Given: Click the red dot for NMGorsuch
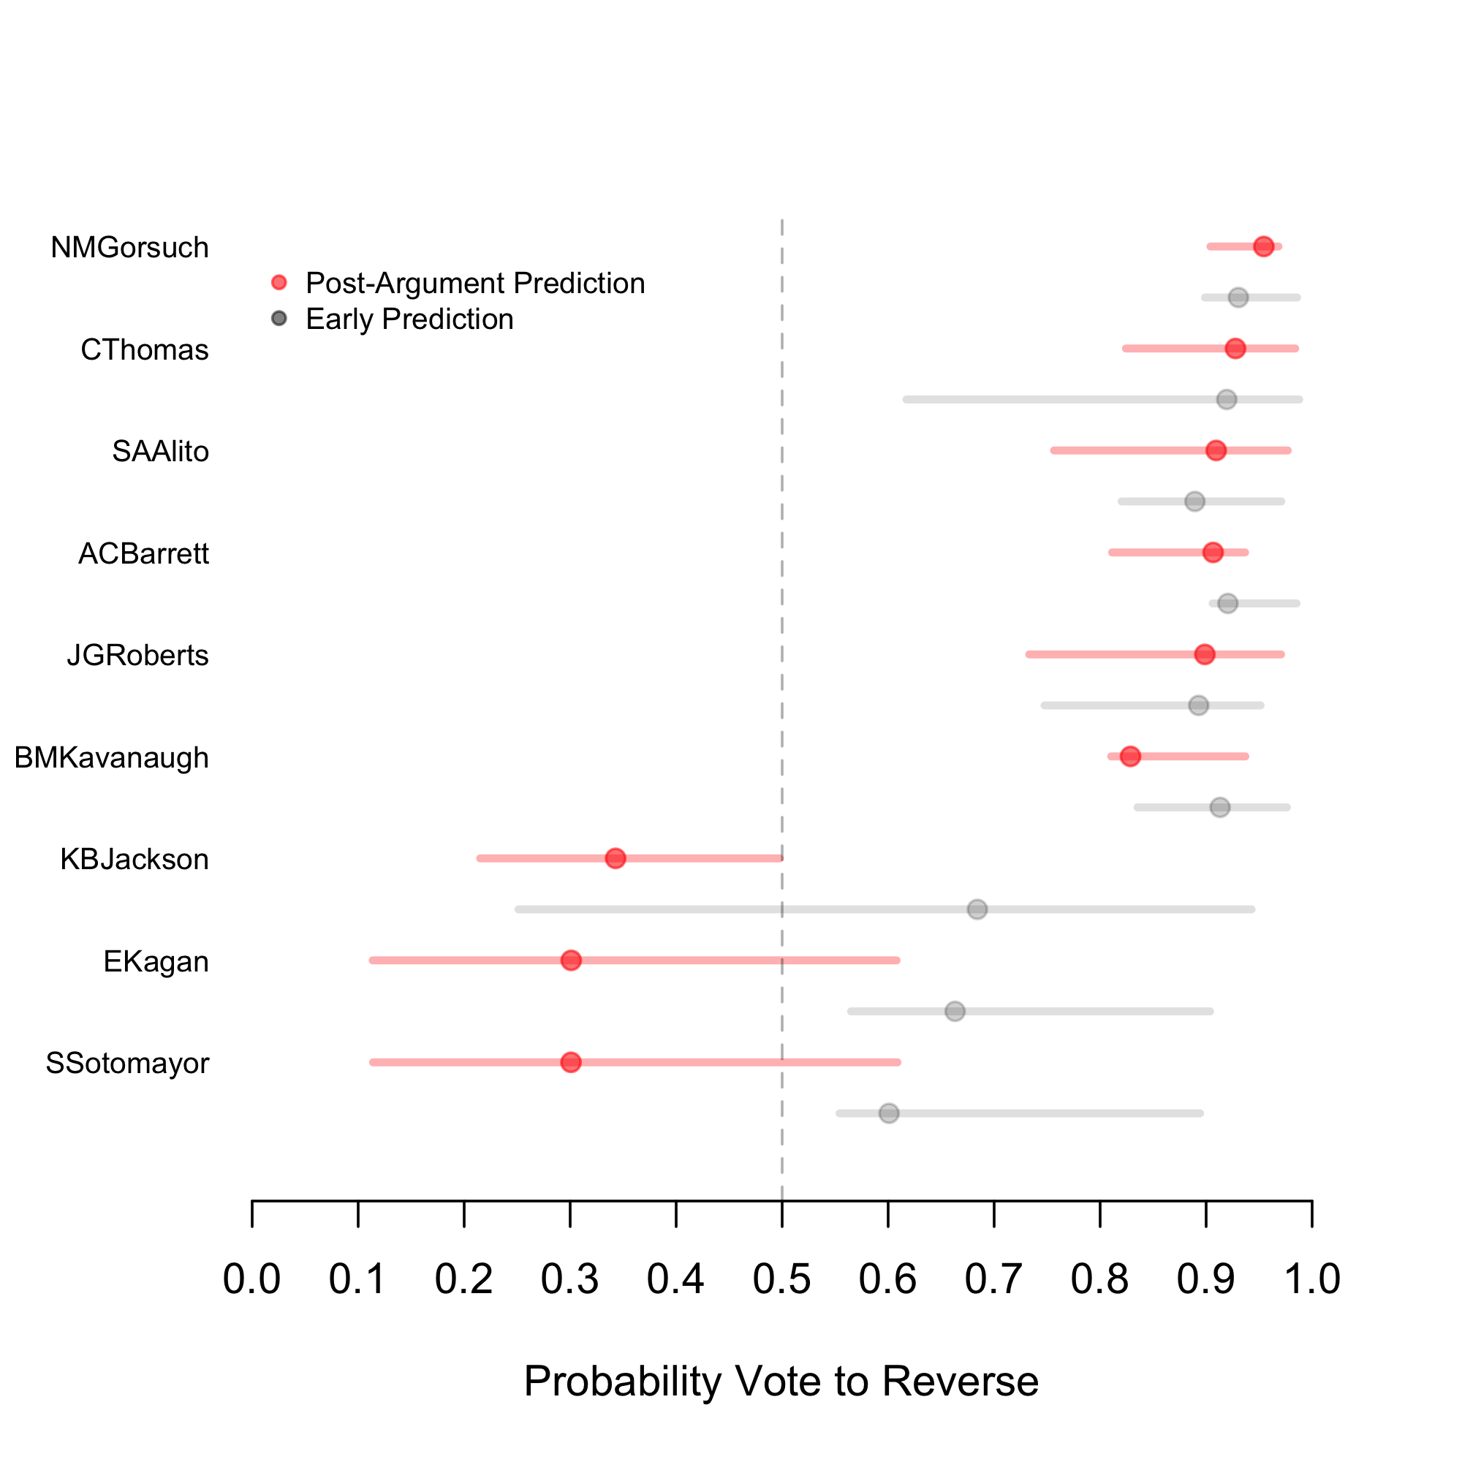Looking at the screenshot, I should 1263,246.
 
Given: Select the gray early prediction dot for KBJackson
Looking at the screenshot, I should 977,909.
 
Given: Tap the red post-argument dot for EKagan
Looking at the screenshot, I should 572,961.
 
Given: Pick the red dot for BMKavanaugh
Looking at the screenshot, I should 1130,756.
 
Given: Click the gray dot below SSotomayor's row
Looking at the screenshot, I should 888,1113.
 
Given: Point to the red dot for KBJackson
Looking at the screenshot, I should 616,858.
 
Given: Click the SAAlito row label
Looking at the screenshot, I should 160,452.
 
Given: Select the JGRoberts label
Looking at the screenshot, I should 137,655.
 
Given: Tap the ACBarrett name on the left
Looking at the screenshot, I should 143,554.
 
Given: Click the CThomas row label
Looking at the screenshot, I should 145,350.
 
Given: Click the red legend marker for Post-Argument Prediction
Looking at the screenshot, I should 279,283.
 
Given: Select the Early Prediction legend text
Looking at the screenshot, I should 409,319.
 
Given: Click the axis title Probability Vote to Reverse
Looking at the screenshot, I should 781,1381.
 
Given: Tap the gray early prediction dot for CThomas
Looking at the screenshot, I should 1227,399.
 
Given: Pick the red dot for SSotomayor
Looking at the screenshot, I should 572,1062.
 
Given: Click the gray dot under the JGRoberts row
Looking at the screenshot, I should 1198,705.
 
